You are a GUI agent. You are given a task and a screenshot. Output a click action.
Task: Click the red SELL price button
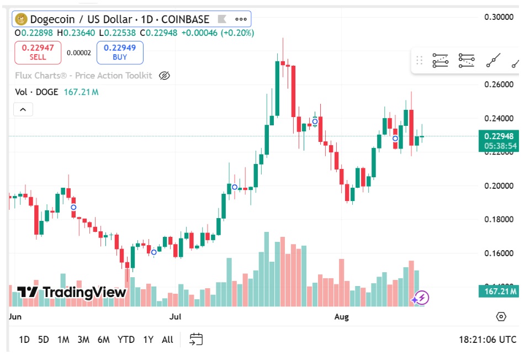click(x=38, y=52)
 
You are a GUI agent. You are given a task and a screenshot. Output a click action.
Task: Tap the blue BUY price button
click(x=119, y=52)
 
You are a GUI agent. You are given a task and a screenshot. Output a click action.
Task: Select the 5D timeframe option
click(x=43, y=340)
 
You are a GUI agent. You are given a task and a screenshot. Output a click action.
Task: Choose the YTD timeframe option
click(x=126, y=340)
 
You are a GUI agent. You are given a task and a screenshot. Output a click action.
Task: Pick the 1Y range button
click(x=148, y=340)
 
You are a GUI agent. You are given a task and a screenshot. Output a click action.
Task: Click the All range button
click(x=167, y=340)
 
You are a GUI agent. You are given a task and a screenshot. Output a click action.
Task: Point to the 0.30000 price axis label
click(x=499, y=17)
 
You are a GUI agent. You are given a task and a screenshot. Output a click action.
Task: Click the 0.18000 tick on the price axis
click(x=499, y=219)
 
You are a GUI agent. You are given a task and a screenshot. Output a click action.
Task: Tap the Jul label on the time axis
click(x=176, y=317)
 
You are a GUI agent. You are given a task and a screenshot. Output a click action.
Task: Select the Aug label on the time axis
click(x=342, y=317)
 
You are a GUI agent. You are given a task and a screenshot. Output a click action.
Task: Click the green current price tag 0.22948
click(x=499, y=136)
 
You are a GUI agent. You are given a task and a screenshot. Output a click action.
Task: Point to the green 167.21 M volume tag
click(x=499, y=291)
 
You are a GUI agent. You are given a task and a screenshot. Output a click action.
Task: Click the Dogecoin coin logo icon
click(x=22, y=19)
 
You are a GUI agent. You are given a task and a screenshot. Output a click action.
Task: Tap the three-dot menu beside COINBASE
click(x=241, y=19)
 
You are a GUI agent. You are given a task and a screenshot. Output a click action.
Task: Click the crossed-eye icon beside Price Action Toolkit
click(x=164, y=76)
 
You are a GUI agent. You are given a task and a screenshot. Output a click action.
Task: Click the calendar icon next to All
click(x=196, y=339)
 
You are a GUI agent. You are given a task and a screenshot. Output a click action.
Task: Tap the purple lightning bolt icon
click(x=421, y=298)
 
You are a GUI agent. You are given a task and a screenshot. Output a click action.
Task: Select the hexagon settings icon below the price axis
click(x=501, y=316)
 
